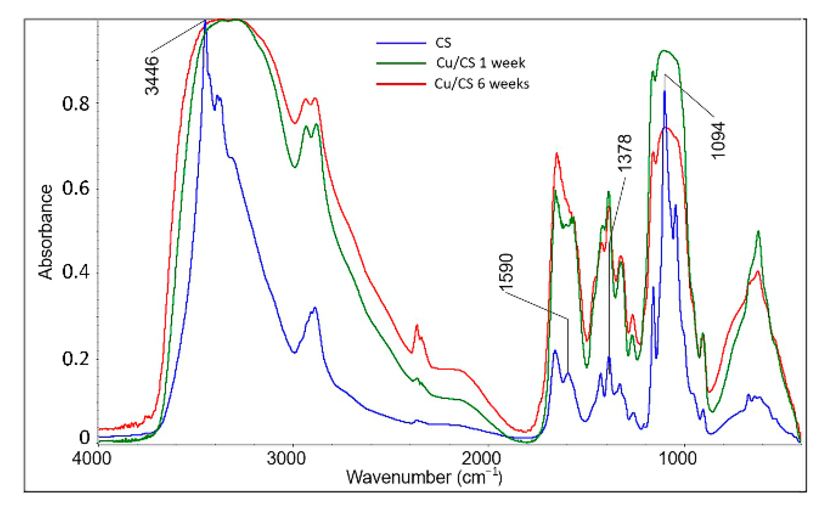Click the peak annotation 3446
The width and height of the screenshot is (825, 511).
152,75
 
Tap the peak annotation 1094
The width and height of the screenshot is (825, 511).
718,140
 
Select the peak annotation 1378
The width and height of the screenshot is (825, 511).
625,152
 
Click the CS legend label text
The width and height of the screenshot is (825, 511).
443,43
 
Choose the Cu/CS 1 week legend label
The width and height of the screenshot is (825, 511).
480,63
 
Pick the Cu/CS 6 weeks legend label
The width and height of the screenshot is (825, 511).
482,84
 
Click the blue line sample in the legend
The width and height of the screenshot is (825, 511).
400,43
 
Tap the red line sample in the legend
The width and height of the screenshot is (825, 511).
400,84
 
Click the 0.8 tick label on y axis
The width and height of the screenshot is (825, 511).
76,103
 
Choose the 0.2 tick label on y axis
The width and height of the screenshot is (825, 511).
76,358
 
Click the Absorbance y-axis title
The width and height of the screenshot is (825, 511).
45,232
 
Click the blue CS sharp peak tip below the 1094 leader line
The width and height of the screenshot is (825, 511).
664,91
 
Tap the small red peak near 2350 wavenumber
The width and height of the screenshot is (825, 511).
417,326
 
